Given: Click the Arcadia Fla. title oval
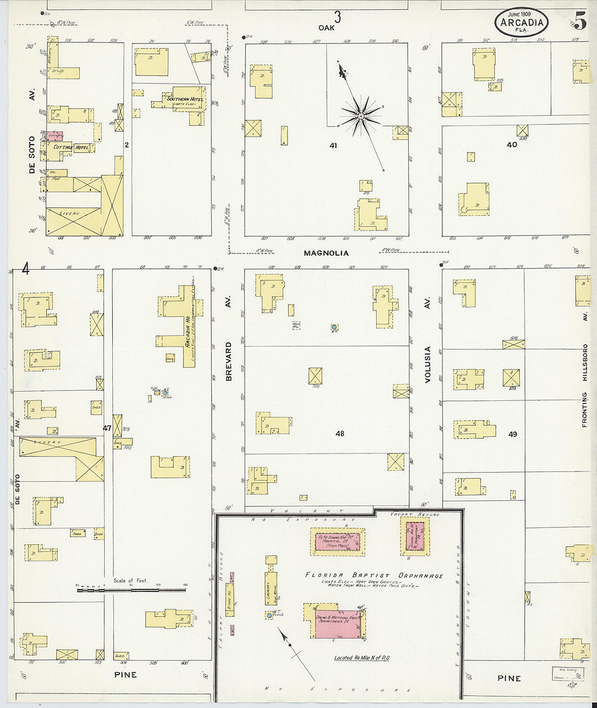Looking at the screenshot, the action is coord(521,23).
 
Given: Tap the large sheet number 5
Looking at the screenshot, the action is coord(579,22).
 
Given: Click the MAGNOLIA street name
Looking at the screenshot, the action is coord(326,253).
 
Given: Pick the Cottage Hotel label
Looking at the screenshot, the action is coord(71,147).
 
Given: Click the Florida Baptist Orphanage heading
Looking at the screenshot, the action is coord(374,576).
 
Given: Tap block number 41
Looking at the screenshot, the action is coord(333,145).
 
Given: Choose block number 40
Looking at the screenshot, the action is coord(511,144).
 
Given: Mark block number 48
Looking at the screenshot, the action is coord(340,433).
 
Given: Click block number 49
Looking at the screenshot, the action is coord(512,434).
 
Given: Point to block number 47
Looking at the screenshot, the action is coord(107,428).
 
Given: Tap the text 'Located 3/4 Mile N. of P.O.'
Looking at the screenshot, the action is coord(362,658).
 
